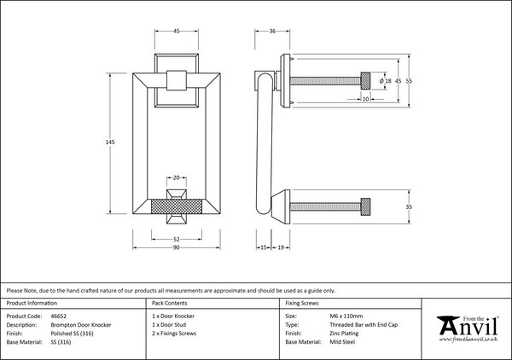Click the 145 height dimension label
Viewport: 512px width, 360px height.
tap(110, 142)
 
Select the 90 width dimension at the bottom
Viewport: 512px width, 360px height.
tap(177, 247)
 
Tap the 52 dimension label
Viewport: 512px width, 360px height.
tap(177, 239)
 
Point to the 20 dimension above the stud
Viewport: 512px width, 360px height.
tap(177, 178)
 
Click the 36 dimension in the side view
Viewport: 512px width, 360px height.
tap(272, 31)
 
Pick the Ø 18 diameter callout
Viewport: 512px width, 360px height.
tap(386, 81)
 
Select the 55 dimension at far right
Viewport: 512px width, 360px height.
tap(409, 81)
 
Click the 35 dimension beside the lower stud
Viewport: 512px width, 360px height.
tap(409, 207)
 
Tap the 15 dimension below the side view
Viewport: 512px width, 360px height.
tap(264, 247)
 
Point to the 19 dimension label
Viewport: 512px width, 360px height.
tap(281, 247)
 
